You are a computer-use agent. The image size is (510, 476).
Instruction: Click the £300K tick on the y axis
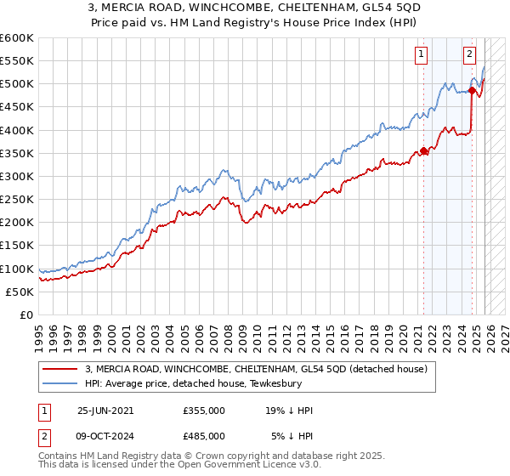(17, 176)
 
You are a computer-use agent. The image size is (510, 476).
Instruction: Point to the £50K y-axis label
(20, 292)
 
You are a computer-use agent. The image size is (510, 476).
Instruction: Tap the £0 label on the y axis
(27, 314)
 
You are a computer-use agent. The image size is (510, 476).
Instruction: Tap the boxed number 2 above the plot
(469, 54)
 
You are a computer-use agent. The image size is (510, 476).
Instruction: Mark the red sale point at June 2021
(423, 151)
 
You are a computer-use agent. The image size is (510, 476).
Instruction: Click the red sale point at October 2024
(472, 91)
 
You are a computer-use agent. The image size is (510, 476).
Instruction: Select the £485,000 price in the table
(204, 438)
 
